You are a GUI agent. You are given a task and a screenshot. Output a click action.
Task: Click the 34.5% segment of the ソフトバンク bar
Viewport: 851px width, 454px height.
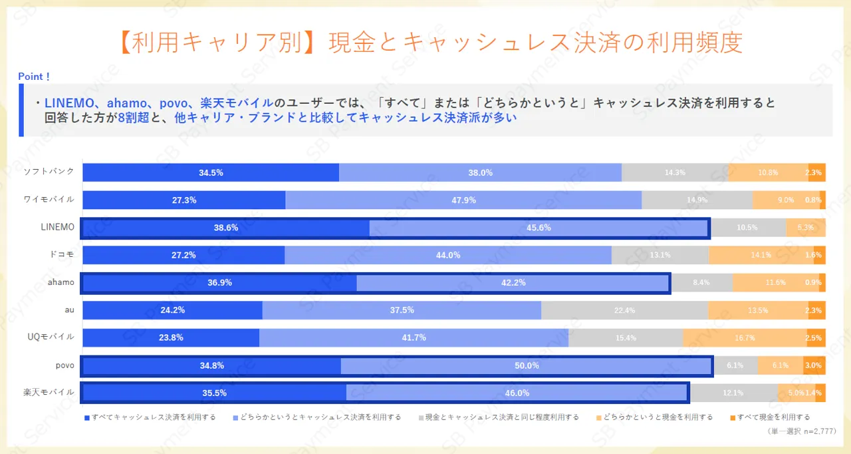click(x=211, y=172)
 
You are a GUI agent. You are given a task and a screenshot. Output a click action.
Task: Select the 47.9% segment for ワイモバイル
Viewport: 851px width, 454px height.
click(x=463, y=200)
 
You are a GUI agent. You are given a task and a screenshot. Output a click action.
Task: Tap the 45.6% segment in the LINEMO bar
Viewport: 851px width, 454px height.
click(x=539, y=228)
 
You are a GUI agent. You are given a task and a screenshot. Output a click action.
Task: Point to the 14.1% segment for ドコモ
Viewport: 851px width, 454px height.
click(x=761, y=255)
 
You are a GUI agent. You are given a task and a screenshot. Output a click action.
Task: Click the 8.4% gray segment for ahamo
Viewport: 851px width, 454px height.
click(x=701, y=283)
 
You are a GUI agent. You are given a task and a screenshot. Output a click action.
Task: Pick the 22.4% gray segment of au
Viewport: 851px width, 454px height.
click(x=624, y=310)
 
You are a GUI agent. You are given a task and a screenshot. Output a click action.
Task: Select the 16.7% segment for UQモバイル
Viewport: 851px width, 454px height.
click(x=744, y=338)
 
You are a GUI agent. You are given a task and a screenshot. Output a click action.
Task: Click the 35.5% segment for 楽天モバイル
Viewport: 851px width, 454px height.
click(x=214, y=393)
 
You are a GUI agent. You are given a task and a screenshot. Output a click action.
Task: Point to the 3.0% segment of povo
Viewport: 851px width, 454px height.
click(x=813, y=365)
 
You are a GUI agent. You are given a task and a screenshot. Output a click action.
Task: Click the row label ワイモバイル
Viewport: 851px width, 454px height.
click(x=49, y=199)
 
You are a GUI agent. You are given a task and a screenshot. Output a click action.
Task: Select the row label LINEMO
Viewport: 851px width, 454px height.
click(x=58, y=227)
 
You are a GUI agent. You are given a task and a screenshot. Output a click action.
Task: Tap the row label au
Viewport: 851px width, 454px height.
click(x=69, y=310)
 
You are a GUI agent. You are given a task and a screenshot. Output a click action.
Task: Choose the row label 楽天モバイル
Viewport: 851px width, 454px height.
click(x=49, y=392)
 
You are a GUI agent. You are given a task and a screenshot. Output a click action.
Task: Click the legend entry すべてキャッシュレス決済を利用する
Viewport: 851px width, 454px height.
click(x=150, y=417)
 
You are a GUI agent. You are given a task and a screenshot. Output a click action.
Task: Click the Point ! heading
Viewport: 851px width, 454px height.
click(x=34, y=77)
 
